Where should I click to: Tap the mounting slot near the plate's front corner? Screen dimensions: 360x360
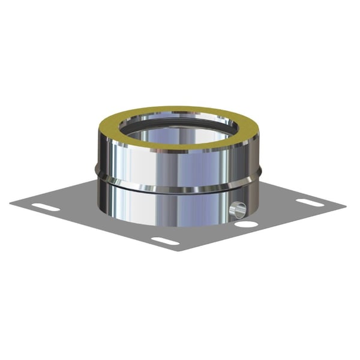(165, 241)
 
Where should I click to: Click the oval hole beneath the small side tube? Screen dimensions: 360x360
(246, 224)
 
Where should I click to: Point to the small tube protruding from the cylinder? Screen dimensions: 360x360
(238, 209)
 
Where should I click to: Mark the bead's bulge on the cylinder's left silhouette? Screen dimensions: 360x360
(98, 175)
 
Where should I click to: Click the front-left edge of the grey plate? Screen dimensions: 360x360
(90, 227)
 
